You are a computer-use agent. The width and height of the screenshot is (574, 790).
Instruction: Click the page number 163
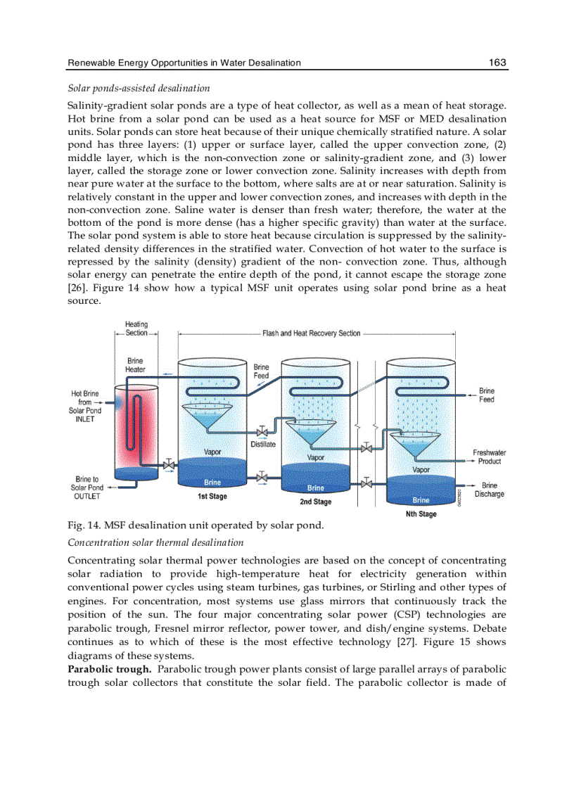click(x=497, y=63)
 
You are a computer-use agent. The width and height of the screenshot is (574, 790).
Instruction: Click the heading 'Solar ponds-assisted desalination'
click(x=139, y=89)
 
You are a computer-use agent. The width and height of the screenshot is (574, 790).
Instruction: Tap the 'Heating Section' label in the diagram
click(x=136, y=329)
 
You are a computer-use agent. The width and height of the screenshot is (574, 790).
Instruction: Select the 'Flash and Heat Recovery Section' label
click(x=311, y=333)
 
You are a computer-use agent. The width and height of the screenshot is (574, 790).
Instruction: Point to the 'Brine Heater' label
click(x=135, y=365)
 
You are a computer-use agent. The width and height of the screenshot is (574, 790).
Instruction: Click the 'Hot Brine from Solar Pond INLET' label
click(x=85, y=406)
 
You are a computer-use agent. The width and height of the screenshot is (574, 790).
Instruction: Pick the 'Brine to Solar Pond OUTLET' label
click(x=87, y=488)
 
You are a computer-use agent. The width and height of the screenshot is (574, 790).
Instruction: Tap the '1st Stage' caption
click(x=212, y=497)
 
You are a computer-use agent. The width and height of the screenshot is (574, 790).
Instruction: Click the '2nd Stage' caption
click(x=315, y=502)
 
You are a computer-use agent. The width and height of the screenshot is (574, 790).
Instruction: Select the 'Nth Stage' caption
click(x=421, y=514)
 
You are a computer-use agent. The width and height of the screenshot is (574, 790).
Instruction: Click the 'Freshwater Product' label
click(x=490, y=457)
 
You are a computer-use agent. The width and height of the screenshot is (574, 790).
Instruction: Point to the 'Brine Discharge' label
click(x=490, y=490)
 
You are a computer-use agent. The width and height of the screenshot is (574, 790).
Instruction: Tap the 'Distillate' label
click(x=263, y=444)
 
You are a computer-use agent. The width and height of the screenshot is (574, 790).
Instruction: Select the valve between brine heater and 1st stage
click(x=169, y=465)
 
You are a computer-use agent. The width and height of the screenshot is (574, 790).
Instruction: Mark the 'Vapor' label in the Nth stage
click(x=421, y=469)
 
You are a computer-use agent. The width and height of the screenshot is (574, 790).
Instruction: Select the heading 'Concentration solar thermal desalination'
click(x=155, y=542)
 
